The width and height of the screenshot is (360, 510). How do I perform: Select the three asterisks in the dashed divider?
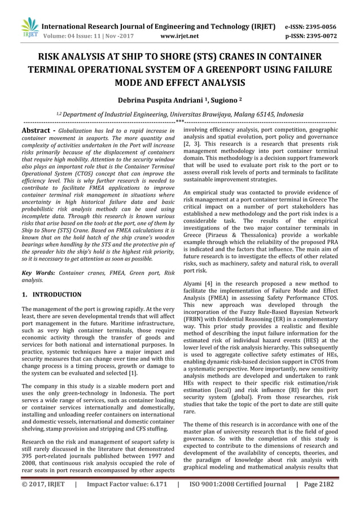[179, 121]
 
